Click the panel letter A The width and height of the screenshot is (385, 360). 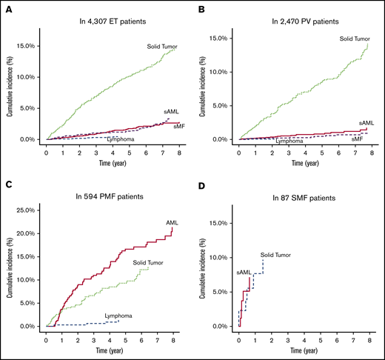click(x=6, y=7)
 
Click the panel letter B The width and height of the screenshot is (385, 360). click(x=200, y=7)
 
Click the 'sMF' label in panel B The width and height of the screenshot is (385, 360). click(x=357, y=139)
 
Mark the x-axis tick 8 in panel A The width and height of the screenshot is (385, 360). click(x=178, y=152)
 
